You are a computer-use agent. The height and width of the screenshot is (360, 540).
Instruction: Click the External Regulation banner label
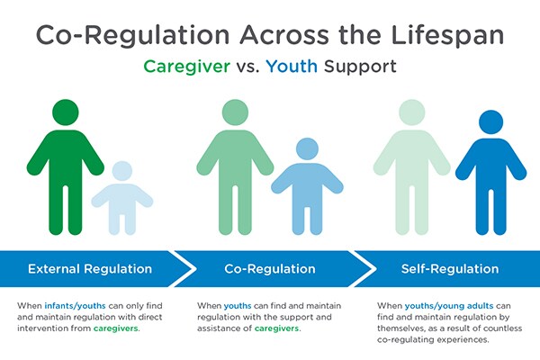tap(89, 269)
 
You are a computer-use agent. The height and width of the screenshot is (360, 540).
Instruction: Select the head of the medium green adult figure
tap(235, 114)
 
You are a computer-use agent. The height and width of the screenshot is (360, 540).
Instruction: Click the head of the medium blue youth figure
tap(307, 148)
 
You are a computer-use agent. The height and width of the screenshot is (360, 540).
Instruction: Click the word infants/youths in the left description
tap(70, 306)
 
